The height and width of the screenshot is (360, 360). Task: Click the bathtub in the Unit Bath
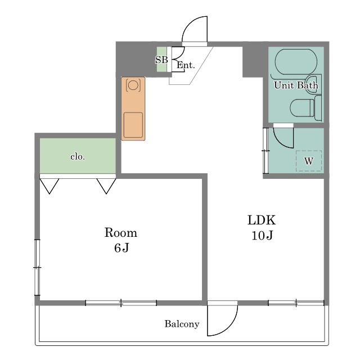coord(296,62)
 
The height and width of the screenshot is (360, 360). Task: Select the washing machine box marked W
coord(309,161)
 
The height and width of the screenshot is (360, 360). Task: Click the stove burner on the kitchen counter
coord(133,85)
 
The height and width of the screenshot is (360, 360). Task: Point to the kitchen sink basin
coord(133,125)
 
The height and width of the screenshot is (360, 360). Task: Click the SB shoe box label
coord(161,60)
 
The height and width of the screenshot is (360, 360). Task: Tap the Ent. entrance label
coord(186,65)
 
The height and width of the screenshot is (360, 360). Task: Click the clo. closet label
coord(78,157)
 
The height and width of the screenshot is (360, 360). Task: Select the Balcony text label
coord(182,324)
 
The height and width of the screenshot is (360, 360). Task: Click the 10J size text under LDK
coord(262,235)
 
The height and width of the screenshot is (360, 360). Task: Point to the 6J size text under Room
coord(121,247)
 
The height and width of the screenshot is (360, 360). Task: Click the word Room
coord(121,232)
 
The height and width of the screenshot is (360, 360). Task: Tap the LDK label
coord(262,220)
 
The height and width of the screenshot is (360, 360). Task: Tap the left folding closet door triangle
coord(49,186)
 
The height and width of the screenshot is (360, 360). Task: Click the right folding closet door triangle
coord(106,186)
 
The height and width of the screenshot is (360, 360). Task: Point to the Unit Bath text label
coord(296,85)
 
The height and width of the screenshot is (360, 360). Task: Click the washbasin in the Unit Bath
coord(313,83)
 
